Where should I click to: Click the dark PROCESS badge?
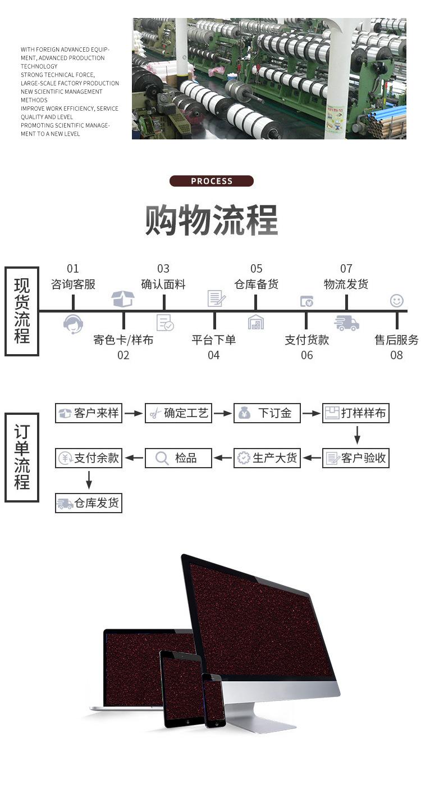211,181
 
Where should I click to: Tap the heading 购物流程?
211,220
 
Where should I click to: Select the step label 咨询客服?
73,284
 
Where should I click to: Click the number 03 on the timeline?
163,269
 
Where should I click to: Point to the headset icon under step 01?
73,324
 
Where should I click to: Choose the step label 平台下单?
214,340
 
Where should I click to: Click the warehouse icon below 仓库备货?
256,322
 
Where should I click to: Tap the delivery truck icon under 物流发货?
346,323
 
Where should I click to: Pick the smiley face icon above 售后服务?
397,301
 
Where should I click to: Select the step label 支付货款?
306,340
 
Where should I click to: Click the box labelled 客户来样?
89,413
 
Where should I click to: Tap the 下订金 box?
267,413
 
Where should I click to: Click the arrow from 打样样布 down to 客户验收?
357,435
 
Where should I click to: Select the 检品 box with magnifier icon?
179,458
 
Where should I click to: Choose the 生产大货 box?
267,458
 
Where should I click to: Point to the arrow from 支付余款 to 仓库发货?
89,479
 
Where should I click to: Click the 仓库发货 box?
89,503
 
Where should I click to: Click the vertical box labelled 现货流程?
22,311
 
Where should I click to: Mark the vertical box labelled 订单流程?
22,458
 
